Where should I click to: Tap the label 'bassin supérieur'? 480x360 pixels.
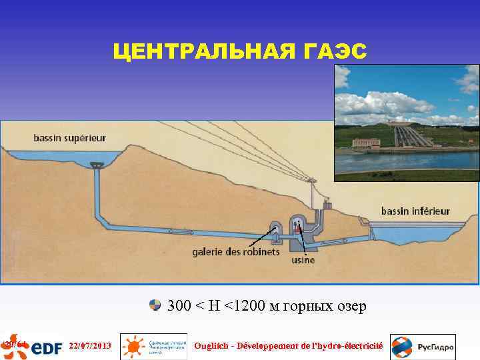69,138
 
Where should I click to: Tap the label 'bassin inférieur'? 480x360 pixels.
415,211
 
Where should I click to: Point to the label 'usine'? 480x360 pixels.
303,260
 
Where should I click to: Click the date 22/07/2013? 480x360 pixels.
90,346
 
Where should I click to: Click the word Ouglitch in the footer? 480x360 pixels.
212,346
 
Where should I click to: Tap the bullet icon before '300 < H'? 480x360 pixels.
155,305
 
